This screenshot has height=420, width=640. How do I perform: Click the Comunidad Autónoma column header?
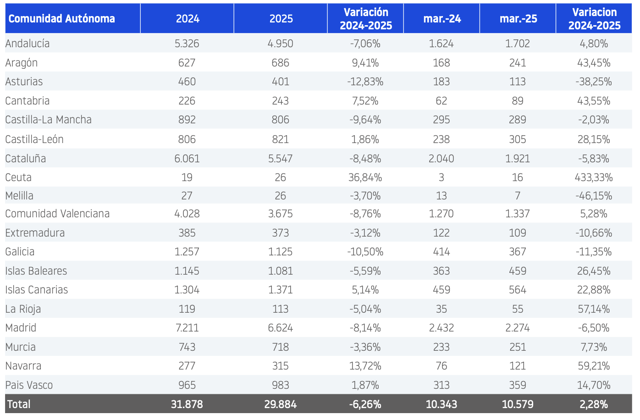click(62, 19)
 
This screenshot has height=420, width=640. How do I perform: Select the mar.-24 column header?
click(442, 19)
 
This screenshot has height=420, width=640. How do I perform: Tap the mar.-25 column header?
click(519, 19)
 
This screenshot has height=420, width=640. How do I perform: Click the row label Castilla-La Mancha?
click(48, 119)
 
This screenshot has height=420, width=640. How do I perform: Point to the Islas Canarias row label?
click(37, 290)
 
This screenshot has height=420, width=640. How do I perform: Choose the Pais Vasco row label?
click(29, 385)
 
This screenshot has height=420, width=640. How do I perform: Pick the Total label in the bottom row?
click(19, 404)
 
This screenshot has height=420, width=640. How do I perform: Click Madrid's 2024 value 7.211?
click(187, 328)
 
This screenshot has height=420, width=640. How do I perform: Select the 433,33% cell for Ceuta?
click(594, 177)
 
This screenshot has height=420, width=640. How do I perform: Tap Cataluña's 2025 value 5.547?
click(280, 159)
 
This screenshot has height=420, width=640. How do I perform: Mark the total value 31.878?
click(187, 404)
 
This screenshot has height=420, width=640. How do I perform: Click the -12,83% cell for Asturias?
click(365, 82)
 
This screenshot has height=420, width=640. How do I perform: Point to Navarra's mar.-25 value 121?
click(518, 366)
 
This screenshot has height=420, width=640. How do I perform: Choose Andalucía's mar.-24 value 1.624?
click(441, 44)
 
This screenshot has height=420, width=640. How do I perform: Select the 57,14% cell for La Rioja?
click(594, 309)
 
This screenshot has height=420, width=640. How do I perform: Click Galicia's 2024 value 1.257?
click(187, 252)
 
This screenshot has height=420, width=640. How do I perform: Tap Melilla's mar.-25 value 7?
click(518, 196)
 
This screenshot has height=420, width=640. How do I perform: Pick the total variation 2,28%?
click(594, 404)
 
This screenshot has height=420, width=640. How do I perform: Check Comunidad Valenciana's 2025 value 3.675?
click(280, 214)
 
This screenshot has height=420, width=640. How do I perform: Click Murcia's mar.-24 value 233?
click(441, 347)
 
